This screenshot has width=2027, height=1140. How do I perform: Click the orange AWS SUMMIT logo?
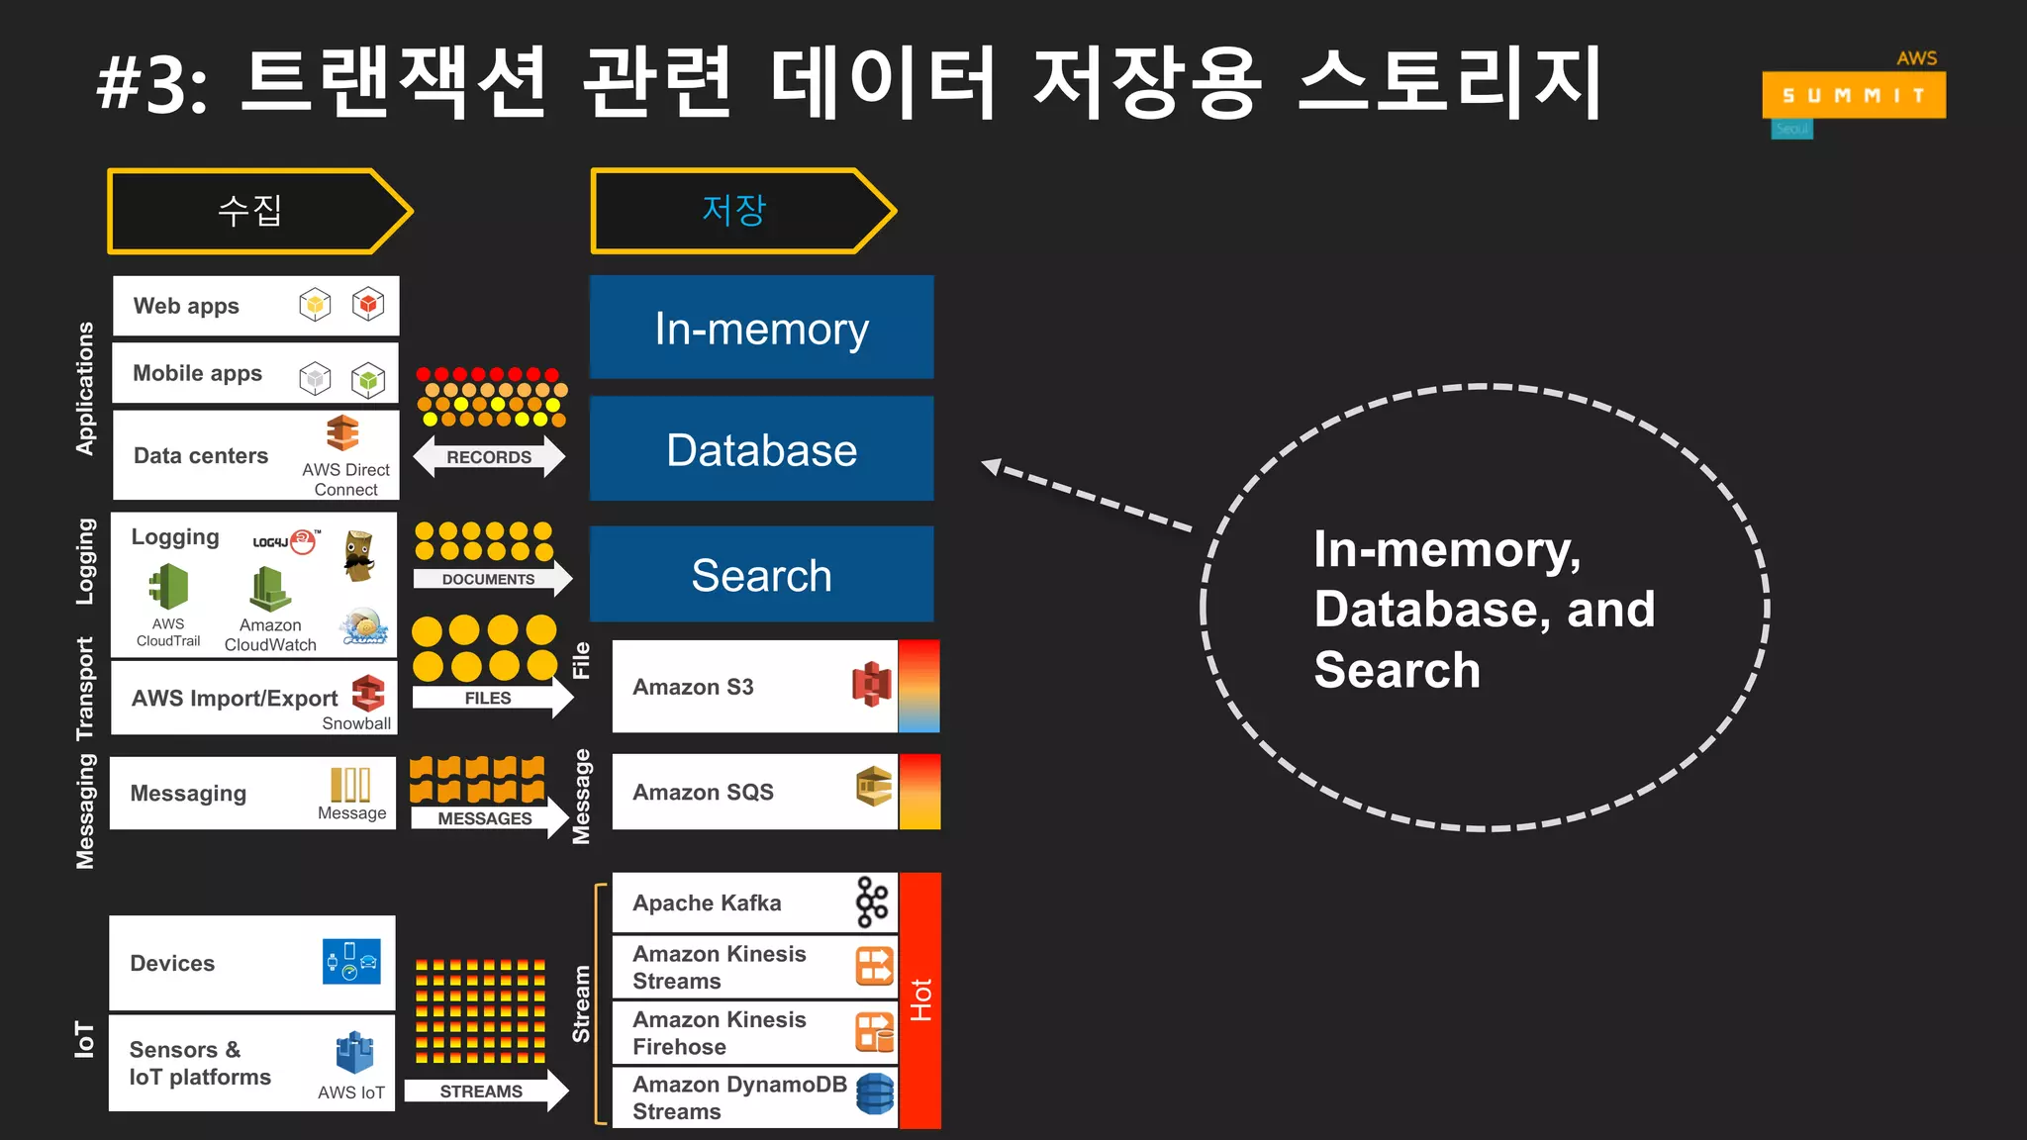click(1853, 95)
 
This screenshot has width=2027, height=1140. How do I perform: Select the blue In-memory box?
click(761, 328)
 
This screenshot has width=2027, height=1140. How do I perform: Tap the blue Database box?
click(761, 449)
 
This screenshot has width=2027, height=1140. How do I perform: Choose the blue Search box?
click(761, 575)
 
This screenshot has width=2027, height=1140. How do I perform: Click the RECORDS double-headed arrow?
click(489, 457)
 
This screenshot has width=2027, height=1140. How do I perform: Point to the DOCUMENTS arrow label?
click(488, 579)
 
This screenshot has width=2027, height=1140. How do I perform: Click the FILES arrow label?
click(488, 698)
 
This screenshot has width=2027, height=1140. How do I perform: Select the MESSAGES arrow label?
click(485, 818)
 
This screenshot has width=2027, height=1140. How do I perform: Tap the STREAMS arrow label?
click(481, 1092)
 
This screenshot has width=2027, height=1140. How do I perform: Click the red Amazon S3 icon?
click(871, 685)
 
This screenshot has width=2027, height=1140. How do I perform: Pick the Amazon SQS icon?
click(874, 787)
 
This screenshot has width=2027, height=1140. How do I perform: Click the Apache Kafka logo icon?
click(871, 902)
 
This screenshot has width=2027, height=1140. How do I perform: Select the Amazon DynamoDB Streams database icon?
click(875, 1094)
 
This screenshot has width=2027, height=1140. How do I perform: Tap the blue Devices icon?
click(351, 961)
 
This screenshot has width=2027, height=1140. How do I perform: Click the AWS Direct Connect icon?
click(342, 433)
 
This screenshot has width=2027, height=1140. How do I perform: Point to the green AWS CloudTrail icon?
click(169, 586)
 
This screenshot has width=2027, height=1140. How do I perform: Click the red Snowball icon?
click(368, 693)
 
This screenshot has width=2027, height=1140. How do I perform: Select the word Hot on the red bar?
click(920, 999)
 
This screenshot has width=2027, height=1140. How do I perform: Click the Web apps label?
click(186, 306)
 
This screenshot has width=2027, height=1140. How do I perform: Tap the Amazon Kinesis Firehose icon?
click(875, 1032)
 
